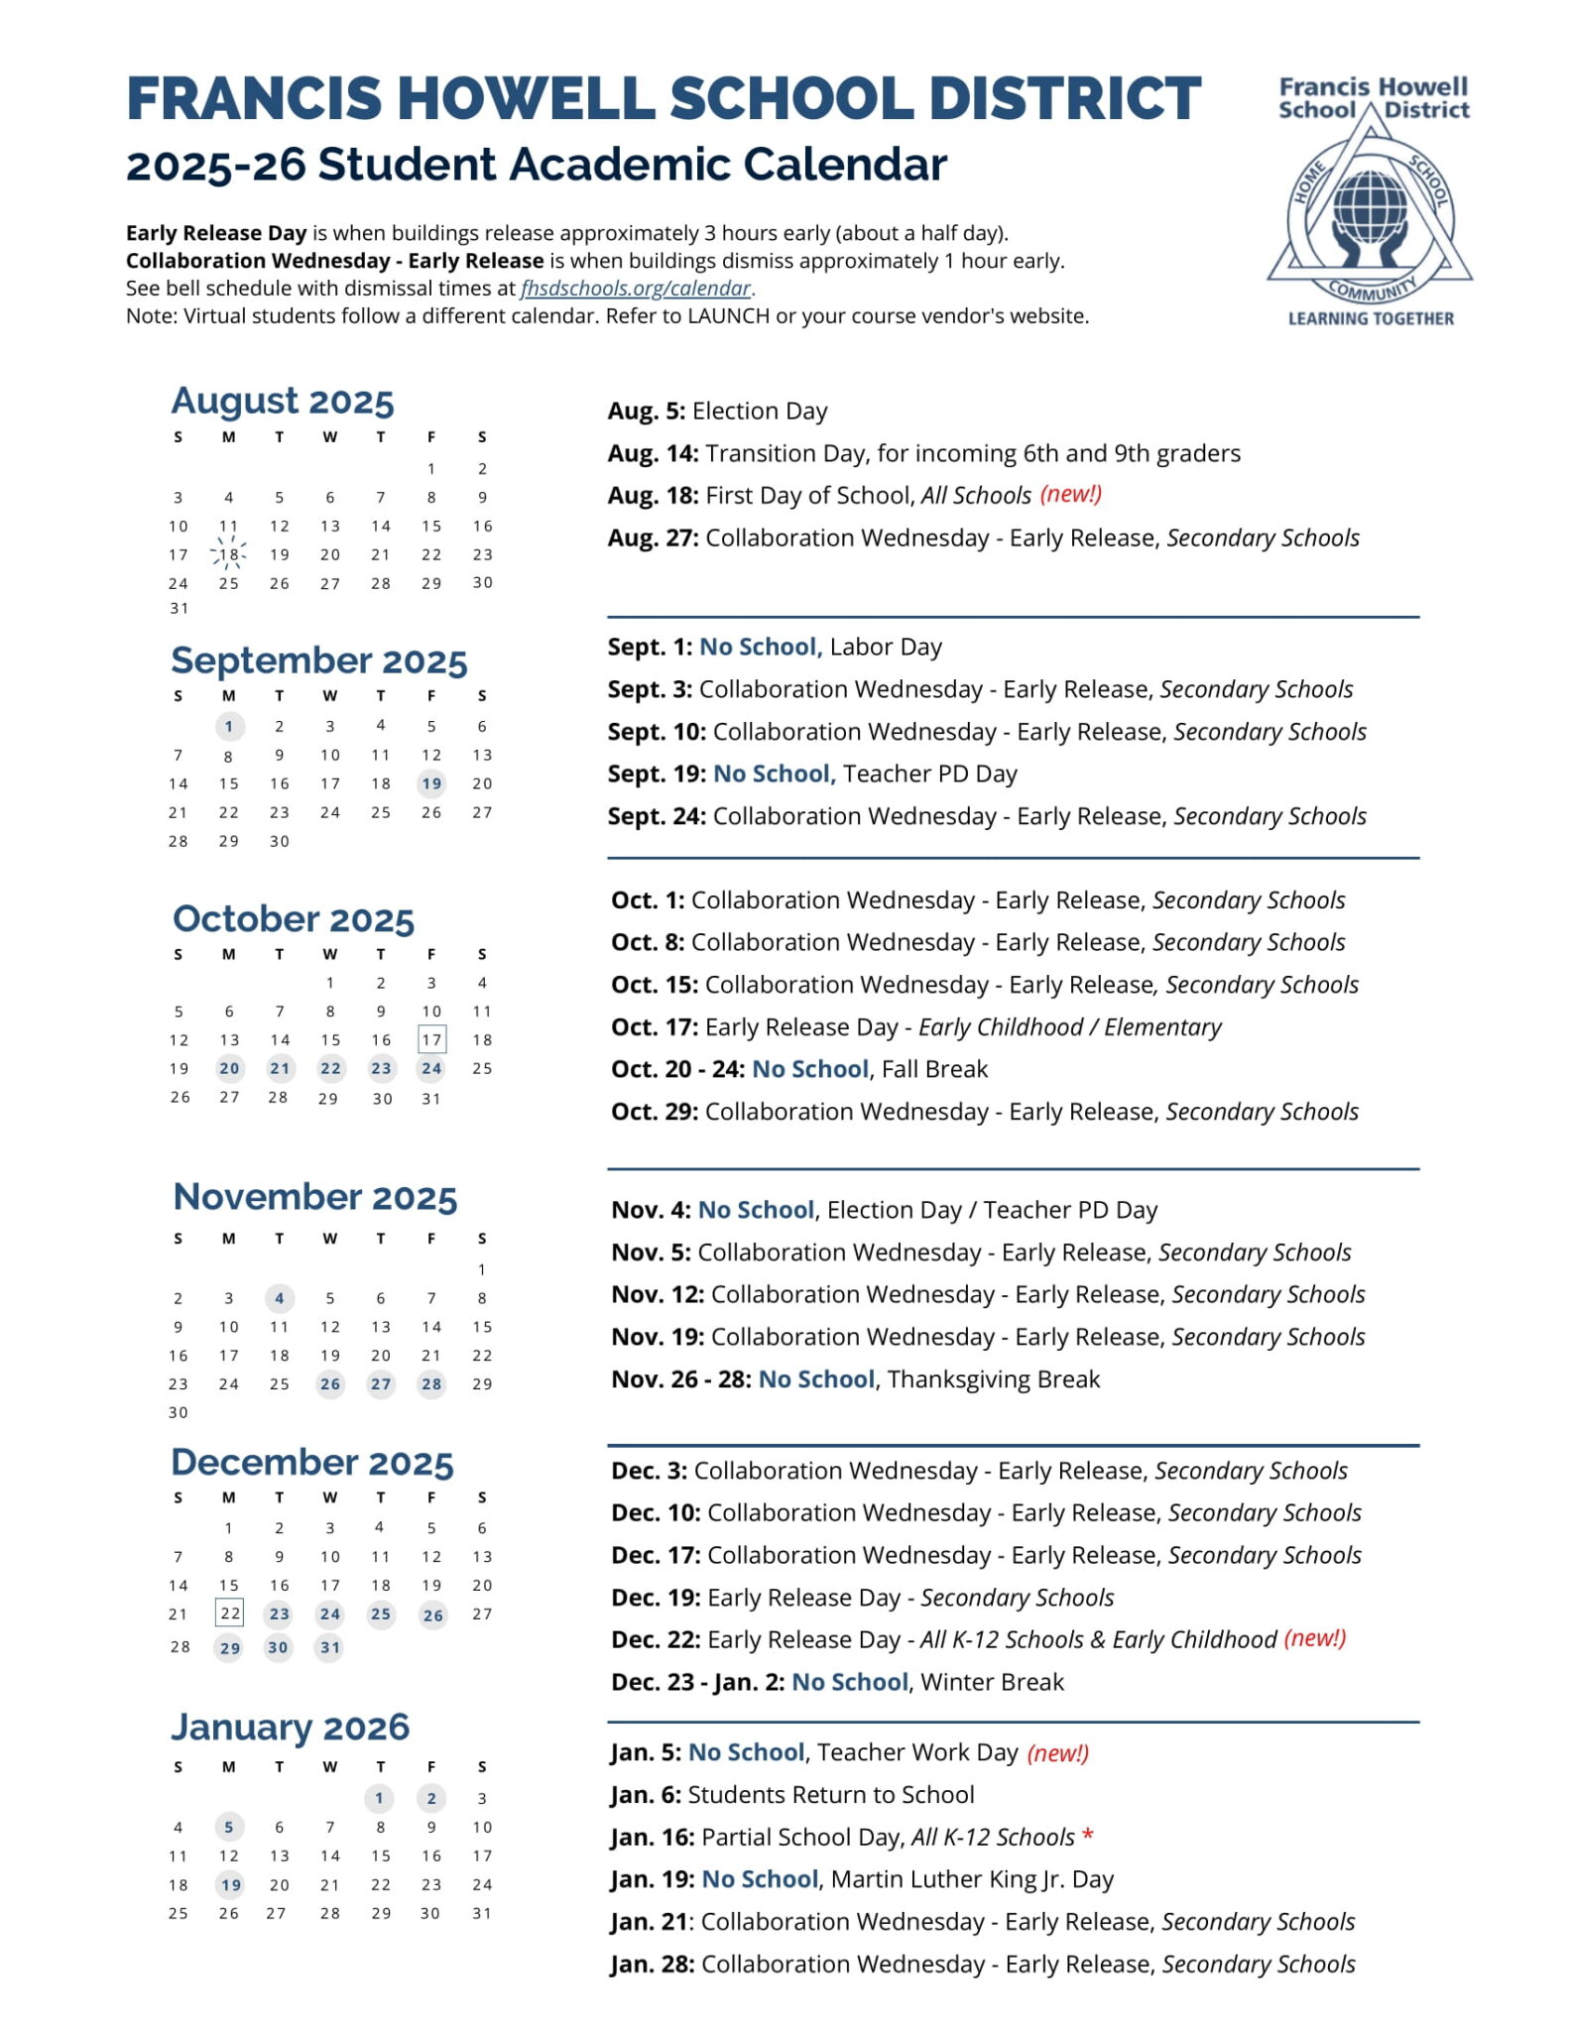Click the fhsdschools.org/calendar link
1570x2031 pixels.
click(636, 289)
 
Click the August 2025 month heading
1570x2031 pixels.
click(283, 401)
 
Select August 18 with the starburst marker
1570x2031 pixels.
click(229, 554)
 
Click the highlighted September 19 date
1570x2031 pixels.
click(431, 783)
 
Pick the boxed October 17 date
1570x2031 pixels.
click(431, 1039)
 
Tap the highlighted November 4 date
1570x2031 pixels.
click(280, 1298)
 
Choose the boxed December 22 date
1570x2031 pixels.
click(229, 1613)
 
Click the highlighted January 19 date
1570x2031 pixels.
click(230, 1885)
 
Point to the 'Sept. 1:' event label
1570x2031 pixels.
click(650, 648)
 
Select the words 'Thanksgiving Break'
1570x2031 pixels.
click(994, 1379)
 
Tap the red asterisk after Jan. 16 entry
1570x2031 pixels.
click(1088, 1835)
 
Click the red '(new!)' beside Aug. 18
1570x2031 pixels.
click(1070, 494)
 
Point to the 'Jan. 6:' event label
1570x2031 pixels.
click(645, 1795)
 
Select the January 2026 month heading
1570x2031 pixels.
click(290, 1727)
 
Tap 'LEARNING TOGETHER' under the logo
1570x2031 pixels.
click(1371, 318)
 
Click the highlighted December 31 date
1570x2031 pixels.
click(329, 1648)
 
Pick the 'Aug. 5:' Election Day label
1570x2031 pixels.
click(646, 412)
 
